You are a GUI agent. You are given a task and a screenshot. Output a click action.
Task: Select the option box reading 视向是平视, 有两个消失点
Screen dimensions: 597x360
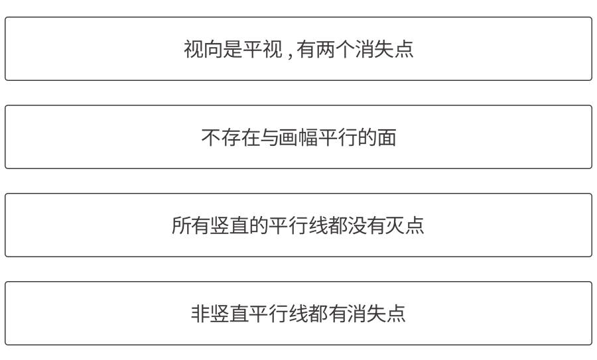click(x=298, y=49)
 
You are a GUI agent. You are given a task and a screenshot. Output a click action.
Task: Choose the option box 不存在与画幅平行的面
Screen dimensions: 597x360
click(x=298, y=137)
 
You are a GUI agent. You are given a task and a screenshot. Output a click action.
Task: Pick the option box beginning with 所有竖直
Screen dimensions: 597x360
click(x=298, y=225)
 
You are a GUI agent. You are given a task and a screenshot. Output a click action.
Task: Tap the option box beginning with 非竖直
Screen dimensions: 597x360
click(x=298, y=313)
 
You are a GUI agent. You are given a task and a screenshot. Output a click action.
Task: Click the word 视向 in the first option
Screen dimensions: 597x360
click(x=204, y=49)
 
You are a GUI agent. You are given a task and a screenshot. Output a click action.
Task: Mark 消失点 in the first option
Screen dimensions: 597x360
click(x=384, y=49)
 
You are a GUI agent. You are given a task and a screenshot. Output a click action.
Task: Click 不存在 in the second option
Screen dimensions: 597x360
click(x=230, y=137)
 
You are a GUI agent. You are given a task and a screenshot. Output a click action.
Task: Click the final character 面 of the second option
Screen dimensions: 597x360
click(x=387, y=137)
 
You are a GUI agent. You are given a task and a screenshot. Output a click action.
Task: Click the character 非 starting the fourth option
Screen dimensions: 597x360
click(x=201, y=313)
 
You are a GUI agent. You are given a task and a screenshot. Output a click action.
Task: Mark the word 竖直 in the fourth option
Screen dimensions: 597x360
click(x=230, y=313)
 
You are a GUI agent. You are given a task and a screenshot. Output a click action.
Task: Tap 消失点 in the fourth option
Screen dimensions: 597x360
click(x=377, y=313)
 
